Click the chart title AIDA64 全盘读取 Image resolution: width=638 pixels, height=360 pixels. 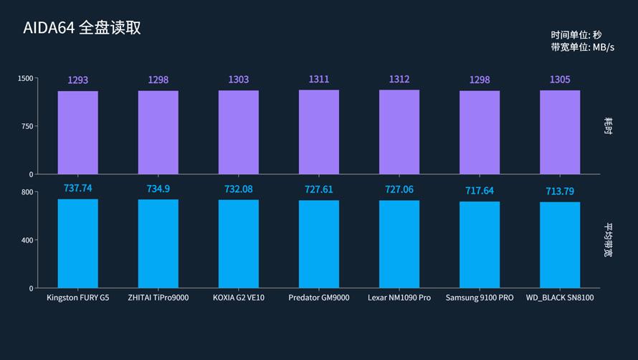[x=82, y=28]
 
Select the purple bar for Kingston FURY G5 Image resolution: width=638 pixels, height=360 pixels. [x=78, y=133]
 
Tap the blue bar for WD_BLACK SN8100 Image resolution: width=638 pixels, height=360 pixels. [x=560, y=245]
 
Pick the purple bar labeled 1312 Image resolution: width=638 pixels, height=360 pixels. [x=399, y=132]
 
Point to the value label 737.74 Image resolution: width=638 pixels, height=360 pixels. [x=78, y=188]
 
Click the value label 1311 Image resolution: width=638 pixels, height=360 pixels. [x=319, y=80]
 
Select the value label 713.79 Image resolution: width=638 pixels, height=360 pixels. [x=560, y=191]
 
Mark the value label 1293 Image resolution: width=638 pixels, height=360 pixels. [x=78, y=80]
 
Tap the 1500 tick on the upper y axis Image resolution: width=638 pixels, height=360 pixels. [x=26, y=78]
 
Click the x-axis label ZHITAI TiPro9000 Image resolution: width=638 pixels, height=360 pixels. [x=158, y=298]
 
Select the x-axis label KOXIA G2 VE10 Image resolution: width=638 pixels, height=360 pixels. [x=239, y=298]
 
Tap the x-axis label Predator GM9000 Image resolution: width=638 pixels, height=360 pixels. [x=319, y=298]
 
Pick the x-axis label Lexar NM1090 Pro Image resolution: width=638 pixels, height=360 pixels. [x=399, y=298]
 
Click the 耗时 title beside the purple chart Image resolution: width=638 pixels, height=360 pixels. [x=608, y=126]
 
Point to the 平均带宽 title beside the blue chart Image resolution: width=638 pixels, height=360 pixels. [x=608, y=240]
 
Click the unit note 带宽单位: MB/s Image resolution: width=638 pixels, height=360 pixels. [x=583, y=47]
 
